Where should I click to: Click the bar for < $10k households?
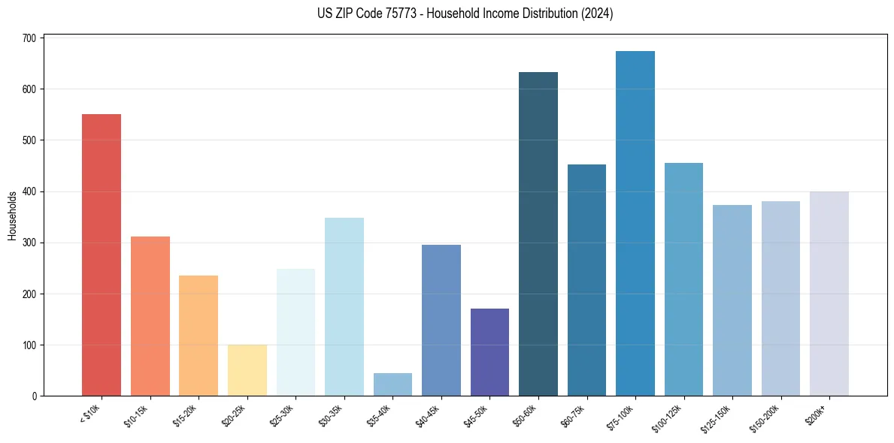click(102, 255)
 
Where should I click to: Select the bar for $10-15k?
click(150, 316)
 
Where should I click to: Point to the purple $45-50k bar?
click(489, 352)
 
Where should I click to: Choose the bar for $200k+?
click(829, 294)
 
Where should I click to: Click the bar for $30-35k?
click(344, 307)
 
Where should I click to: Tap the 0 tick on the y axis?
click(35, 396)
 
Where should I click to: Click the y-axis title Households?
click(12, 215)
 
